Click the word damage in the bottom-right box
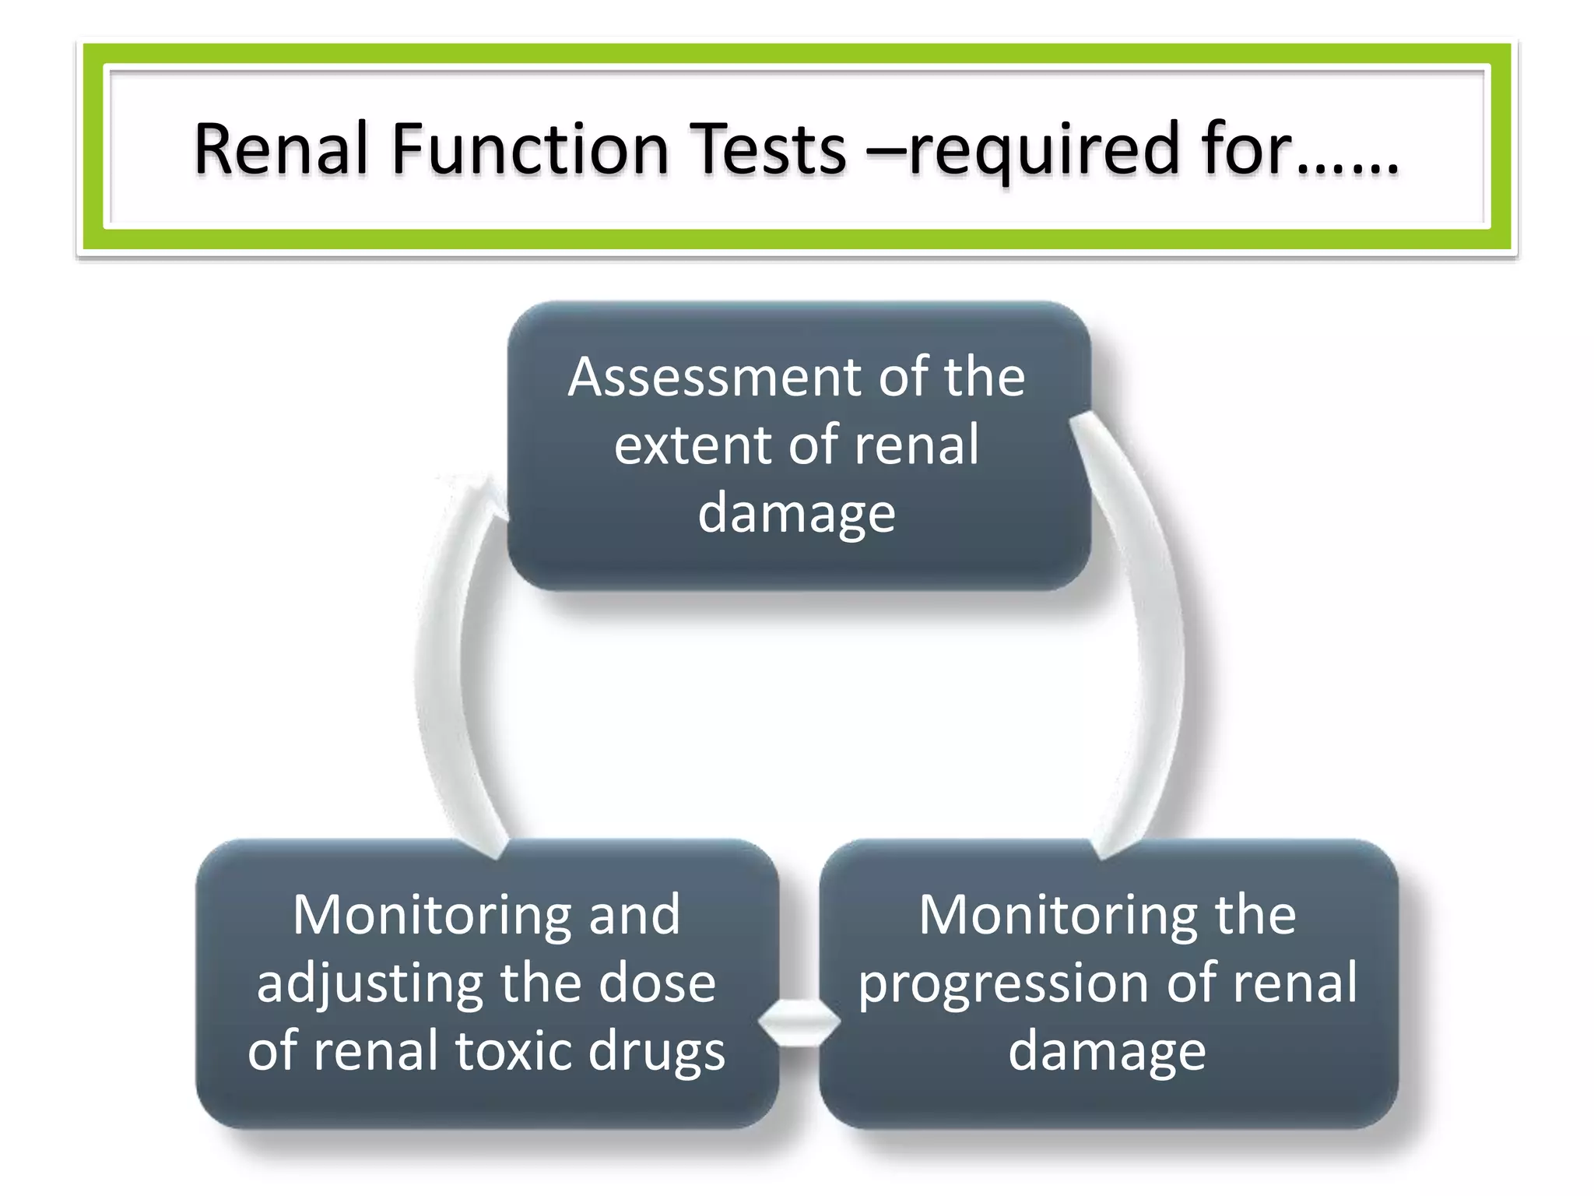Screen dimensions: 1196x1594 tap(1107, 1051)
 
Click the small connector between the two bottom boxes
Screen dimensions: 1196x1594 tap(799, 1022)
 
